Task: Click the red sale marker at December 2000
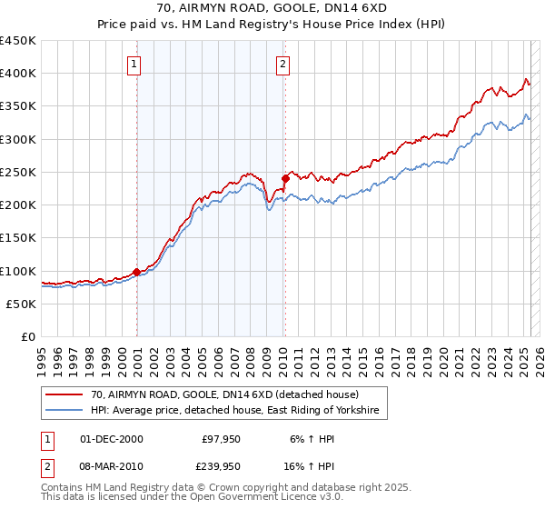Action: [x=137, y=271]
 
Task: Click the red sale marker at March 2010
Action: [x=285, y=178]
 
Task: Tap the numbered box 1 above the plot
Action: [x=134, y=64]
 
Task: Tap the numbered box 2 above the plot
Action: [x=282, y=64]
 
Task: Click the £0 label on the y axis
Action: [x=27, y=336]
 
